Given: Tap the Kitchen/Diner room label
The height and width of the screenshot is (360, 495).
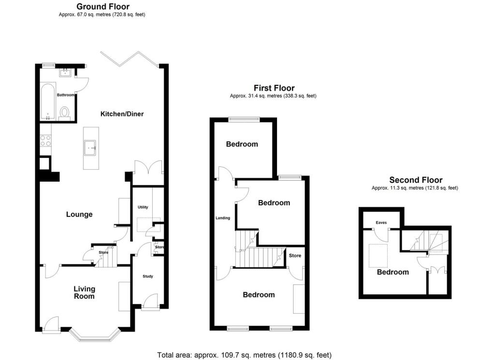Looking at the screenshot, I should [x=122, y=114].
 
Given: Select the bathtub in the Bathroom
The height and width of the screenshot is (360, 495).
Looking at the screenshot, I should [x=47, y=101].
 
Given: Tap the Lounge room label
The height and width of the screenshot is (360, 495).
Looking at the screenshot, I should [x=79, y=214].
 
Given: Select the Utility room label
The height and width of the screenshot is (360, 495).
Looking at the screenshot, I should [x=143, y=207].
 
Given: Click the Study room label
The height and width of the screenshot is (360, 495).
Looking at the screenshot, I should [x=147, y=276].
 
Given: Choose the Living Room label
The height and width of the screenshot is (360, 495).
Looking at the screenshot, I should [x=85, y=292].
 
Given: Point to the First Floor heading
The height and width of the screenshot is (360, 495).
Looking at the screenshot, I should [x=274, y=88].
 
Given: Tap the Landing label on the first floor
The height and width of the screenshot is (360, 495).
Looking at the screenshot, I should [x=222, y=218].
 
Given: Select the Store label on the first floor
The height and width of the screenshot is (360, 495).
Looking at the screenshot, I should [x=295, y=255].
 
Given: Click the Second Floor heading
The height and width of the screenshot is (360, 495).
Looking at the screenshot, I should [x=416, y=180].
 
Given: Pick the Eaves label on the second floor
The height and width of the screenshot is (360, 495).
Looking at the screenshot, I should [x=381, y=223].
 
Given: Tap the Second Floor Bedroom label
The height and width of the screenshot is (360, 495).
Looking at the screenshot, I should [x=393, y=272].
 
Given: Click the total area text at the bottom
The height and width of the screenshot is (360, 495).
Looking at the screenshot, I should [x=244, y=355].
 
